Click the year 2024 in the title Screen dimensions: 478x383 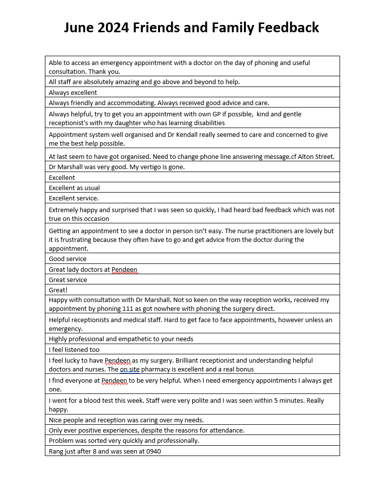tap(112, 27)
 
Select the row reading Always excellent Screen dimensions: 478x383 tap(73, 92)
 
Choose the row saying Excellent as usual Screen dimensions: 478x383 tap(74, 188)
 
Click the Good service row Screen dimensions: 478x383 tap(67, 259)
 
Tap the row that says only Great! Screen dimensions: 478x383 tap(58, 290)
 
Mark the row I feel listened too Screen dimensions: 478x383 tap(74, 349)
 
